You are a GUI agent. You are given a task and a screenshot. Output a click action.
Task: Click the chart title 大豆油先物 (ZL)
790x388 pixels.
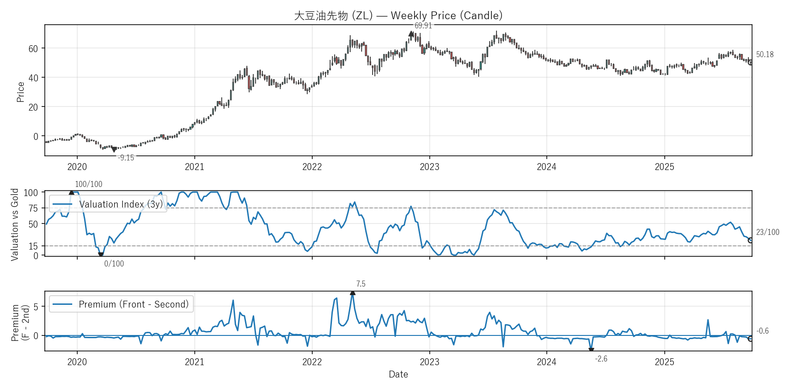click(398, 16)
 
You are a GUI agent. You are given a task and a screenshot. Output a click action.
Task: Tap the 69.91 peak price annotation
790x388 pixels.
click(423, 26)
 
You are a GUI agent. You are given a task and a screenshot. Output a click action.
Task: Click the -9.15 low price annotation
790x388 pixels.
click(126, 158)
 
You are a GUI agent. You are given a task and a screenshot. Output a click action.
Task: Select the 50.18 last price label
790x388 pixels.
click(764, 54)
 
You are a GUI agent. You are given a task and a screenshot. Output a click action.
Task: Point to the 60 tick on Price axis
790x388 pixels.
click(33, 48)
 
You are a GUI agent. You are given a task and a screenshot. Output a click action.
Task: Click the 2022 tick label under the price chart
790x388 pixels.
click(312, 167)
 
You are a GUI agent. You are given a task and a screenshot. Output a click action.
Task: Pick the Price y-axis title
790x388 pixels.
click(21, 92)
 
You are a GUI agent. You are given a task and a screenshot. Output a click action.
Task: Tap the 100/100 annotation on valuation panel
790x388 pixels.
click(89, 184)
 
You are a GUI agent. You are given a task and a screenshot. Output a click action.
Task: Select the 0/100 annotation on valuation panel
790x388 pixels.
click(114, 264)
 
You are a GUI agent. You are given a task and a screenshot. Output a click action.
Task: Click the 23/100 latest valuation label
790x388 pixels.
click(768, 232)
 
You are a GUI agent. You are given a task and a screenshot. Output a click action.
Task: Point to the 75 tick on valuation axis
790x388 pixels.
click(33, 208)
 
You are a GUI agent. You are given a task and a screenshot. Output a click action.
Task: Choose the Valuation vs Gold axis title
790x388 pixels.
click(15, 224)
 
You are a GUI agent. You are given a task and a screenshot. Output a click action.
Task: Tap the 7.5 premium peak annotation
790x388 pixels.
click(361, 284)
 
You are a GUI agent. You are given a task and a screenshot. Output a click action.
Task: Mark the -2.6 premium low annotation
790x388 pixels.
click(601, 359)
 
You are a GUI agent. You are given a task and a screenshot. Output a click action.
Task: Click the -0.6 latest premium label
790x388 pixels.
click(763, 331)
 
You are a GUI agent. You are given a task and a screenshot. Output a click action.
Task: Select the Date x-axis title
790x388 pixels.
click(398, 374)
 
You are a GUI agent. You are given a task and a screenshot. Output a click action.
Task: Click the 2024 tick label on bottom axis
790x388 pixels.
click(546, 362)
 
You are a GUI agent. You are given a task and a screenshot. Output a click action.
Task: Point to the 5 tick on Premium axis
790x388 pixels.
click(36, 307)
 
